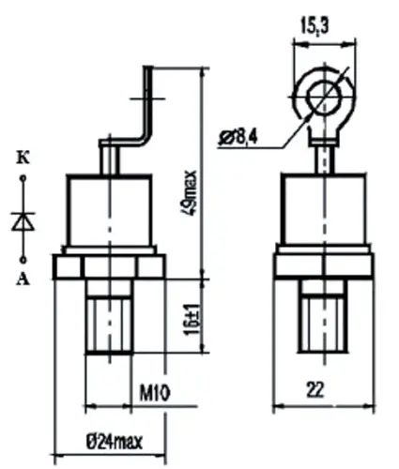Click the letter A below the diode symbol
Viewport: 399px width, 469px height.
[x=23, y=279]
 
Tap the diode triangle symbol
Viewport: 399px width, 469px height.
[x=23, y=221]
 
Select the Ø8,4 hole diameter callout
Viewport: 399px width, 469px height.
[x=240, y=140]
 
